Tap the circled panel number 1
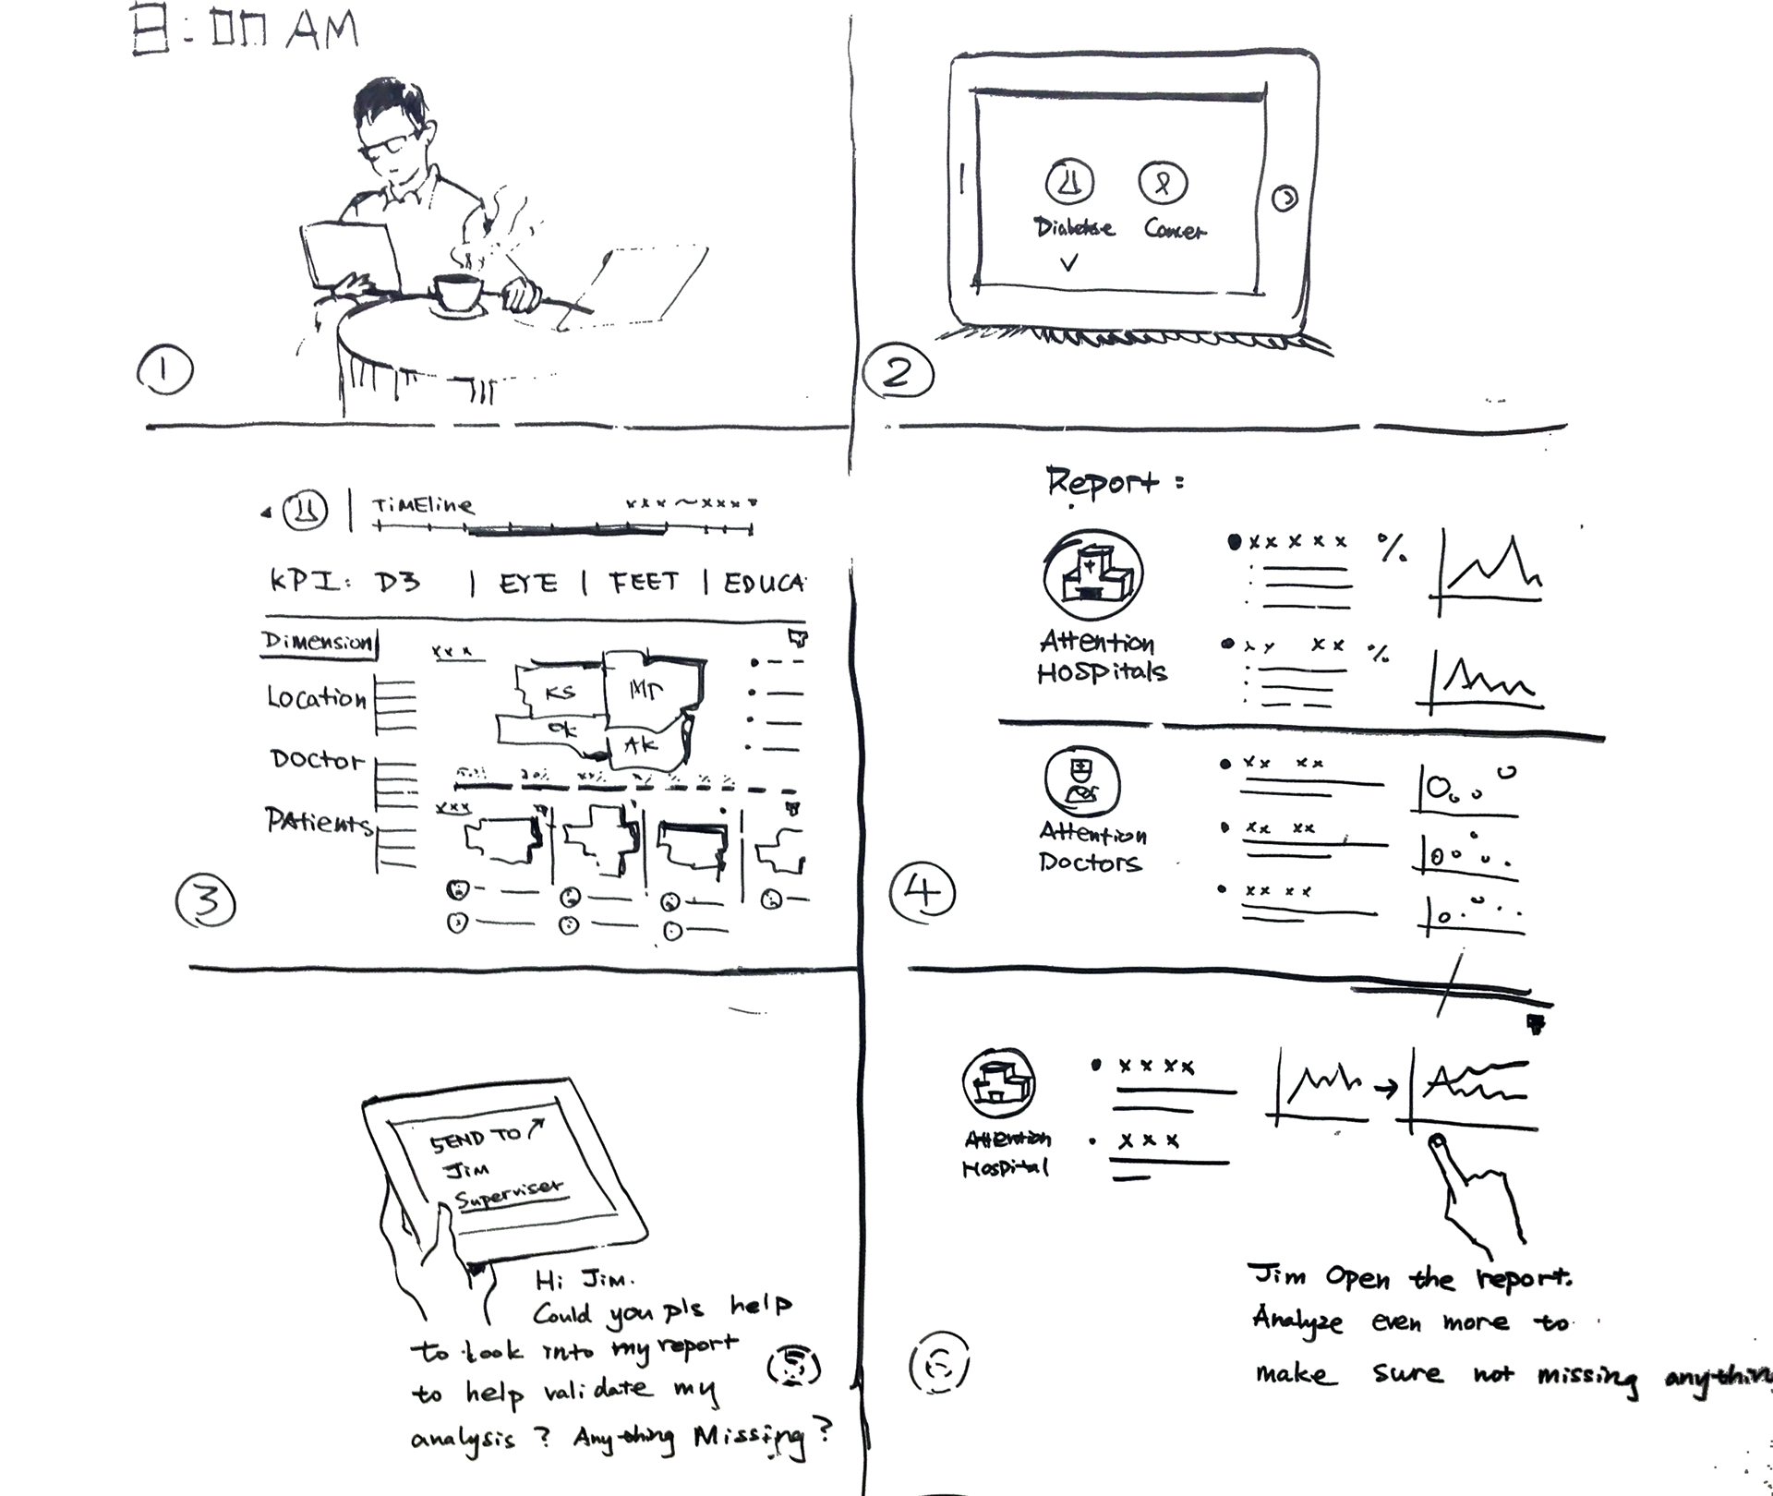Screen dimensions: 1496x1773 [165, 370]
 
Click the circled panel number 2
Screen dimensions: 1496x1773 [899, 373]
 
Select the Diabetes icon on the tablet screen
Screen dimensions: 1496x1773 [1070, 181]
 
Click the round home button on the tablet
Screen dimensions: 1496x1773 [1285, 197]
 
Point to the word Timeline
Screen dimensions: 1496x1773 [422, 506]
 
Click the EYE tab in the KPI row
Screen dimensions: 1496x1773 [529, 584]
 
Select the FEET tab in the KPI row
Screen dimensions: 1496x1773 [645, 582]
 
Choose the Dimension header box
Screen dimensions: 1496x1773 [320, 642]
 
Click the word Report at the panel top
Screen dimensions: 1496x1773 [1102, 482]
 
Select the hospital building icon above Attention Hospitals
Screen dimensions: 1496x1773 [1093, 575]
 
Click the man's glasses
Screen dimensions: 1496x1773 [387, 147]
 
